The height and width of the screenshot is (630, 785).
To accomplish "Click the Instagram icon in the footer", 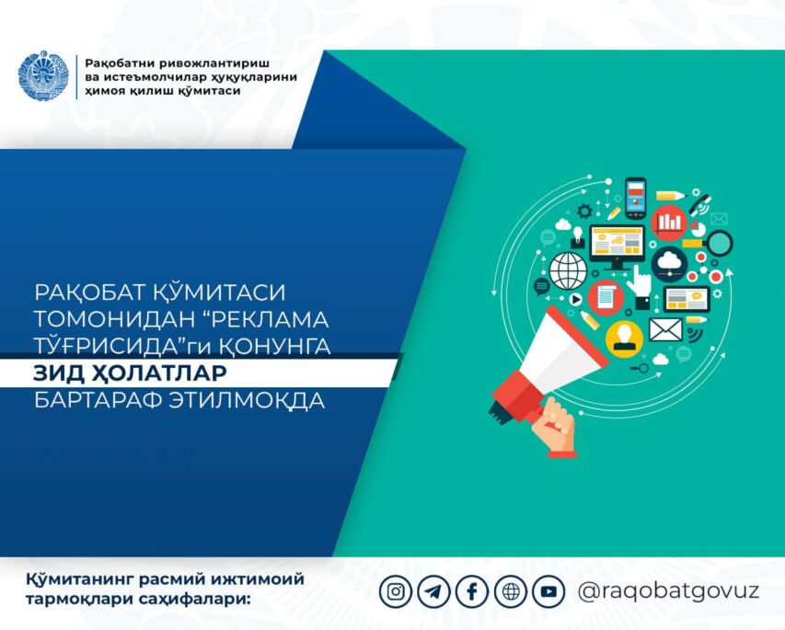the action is pyautogui.click(x=396, y=592).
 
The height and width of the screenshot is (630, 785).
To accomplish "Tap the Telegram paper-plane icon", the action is pyautogui.click(x=433, y=592).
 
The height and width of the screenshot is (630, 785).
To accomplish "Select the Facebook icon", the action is pyautogui.click(x=472, y=592).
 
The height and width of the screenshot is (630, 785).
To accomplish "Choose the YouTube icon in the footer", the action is pyautogui.click(x=548, y=592).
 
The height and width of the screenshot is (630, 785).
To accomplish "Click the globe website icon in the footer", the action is pyautogui.click(x=511, y=592).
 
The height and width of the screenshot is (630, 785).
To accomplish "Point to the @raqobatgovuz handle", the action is pyautogui.click(x=668, y=591).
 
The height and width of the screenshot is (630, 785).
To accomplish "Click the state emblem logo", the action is pyautogui.click(x=43, y=75).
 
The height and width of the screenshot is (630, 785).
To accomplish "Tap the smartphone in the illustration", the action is pyautogui.click(x=635, y=198).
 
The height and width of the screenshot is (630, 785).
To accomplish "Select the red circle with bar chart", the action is pyautogui.click(x=669, y=223).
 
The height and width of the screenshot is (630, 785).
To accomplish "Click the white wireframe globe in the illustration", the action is pyautogui.click(x=568, y=270).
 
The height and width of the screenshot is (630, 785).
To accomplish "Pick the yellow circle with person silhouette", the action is pyautogui.click(x=624, y=338).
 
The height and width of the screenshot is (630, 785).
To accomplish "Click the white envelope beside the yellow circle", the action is pyautogui.click(x=666, y=330).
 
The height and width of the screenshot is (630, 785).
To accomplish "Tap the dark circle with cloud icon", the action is pyautogui.click(x=669, y=264).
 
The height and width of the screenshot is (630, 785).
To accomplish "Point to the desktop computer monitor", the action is pyautogui.click(x=618, y=247).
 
